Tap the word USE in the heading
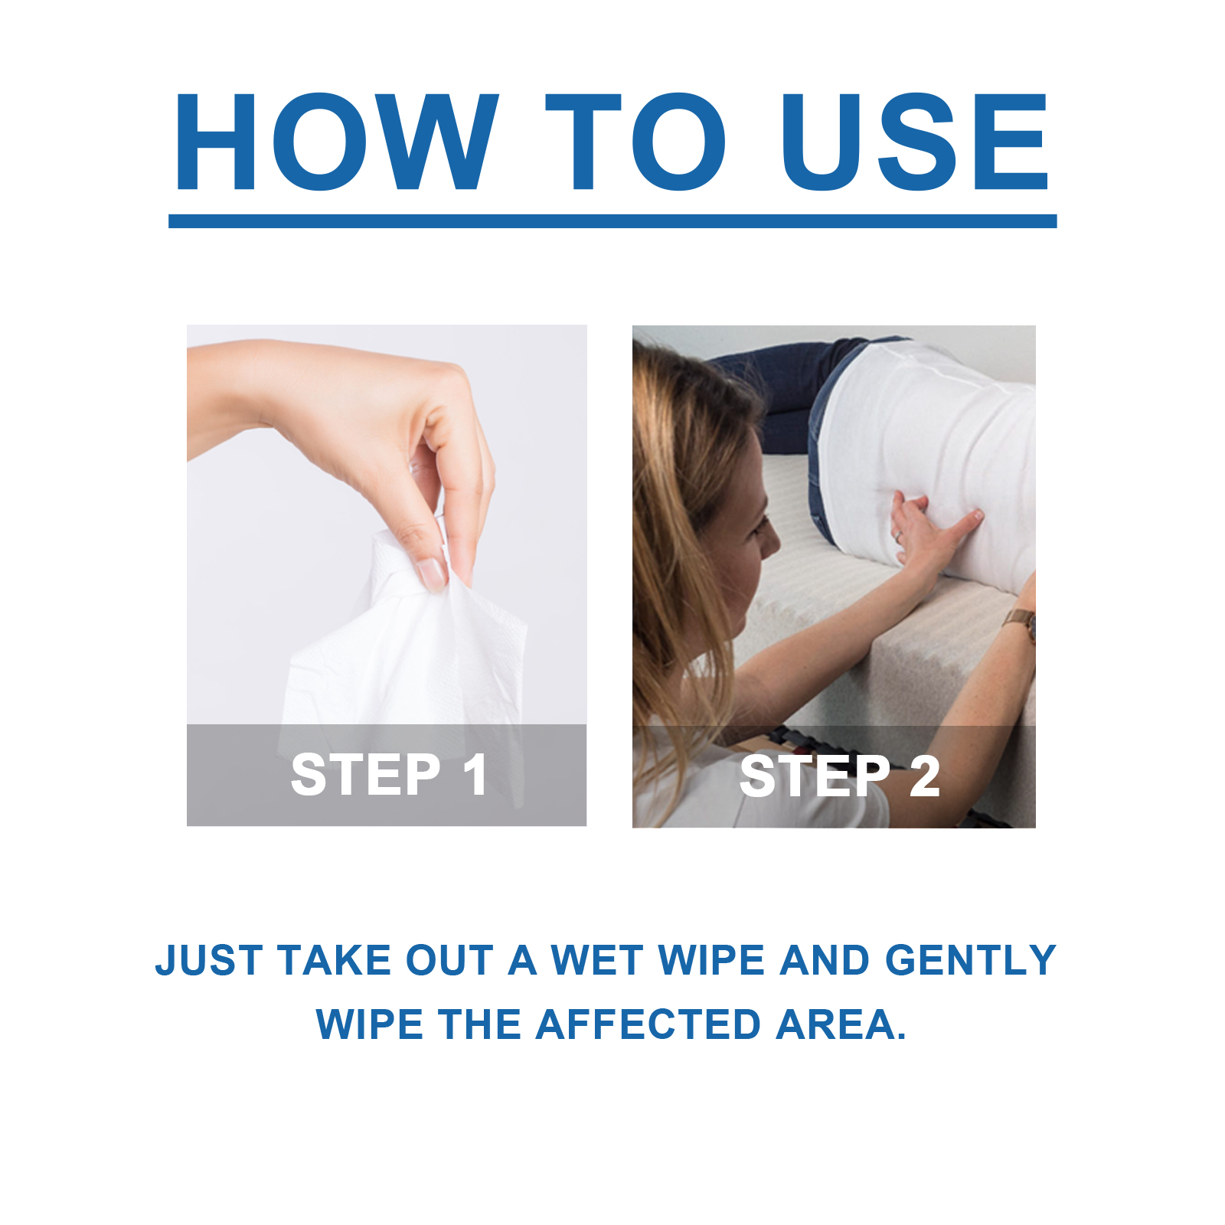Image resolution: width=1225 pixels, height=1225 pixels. [x=914, y=142]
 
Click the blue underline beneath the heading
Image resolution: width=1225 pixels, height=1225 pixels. [x=612, y=221]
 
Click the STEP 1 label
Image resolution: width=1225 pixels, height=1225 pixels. [x=389, y=775]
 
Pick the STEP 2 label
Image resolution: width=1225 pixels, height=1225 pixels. [x=840, y=776]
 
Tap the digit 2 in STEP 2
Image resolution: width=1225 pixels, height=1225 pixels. [x=925, y=776]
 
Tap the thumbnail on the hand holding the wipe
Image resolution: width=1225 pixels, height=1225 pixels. [x=430, y=573]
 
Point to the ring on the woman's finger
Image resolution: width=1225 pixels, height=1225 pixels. [x=898, y=537]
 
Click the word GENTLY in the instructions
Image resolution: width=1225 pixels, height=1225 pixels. [x=970, y=960]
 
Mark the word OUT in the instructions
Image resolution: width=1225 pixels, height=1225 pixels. [x=449, y=961]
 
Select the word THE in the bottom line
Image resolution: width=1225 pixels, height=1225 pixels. [x=480, y=1024]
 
